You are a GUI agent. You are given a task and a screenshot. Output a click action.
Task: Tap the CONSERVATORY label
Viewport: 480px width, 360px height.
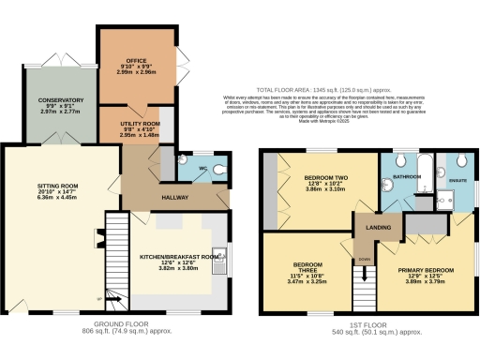click(60, 99)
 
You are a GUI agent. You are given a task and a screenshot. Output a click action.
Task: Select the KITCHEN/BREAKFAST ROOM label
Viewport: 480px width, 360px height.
click(179, 255)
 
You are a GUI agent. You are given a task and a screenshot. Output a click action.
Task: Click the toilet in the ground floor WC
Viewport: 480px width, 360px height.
click(218, 170)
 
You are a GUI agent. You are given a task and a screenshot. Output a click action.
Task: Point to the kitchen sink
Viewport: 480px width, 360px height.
click(229, 256)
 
